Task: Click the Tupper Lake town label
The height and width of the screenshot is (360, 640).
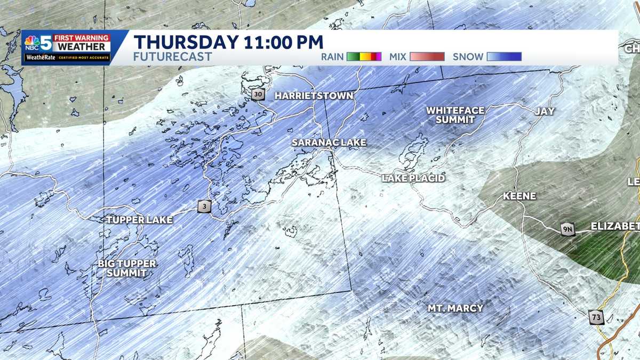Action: (x=139, y=220)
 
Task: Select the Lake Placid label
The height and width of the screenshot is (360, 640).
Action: (x=413, y=178)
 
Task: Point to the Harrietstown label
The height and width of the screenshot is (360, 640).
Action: (x=314, y=96)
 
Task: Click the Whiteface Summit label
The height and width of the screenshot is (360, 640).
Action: (x=455, y=115)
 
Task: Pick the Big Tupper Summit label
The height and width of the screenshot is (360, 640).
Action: (x=127, y=268)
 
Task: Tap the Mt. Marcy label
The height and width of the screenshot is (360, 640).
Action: (x=455, y=308)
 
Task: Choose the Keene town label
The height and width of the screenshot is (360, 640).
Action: (x=519, y=196)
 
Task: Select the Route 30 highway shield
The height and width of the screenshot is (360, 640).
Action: (x=259, y=94)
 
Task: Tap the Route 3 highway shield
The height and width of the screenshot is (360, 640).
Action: (x=203, y=206)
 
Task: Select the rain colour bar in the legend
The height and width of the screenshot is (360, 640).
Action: (x=364, y=57)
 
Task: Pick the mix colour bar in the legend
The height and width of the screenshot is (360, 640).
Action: (x=427, y=57)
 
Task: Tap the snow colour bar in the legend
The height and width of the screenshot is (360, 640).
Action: (x=503, y=57)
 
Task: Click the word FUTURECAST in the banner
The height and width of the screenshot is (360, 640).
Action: (x=172, y=57)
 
